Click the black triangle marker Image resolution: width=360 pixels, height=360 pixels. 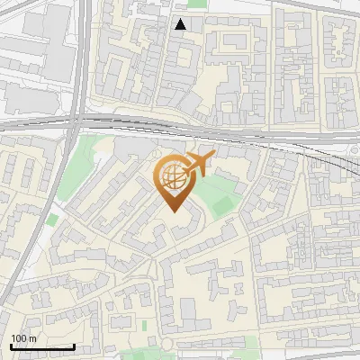pos(181,24)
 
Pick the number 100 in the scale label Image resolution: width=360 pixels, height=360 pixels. pos(19,338)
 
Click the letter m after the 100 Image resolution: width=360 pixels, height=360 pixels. pos(31,338)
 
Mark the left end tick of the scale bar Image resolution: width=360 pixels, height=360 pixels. pos(10,346)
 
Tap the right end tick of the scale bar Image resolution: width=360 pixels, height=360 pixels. pos(74,346)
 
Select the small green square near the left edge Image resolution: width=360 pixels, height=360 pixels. pos(51,220)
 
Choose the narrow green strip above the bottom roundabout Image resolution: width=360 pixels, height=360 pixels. pos(144,324)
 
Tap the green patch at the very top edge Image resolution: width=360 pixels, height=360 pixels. pos(197,4)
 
